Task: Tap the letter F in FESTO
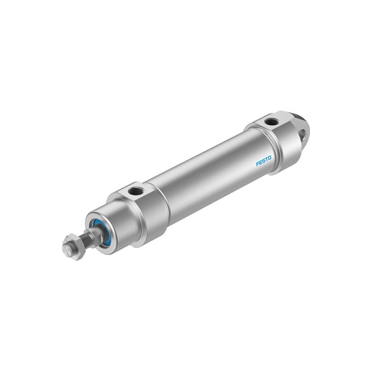point(257,166)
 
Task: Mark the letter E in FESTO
point(260,164)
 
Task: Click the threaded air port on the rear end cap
point(271,122)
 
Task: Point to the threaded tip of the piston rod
point(66,250)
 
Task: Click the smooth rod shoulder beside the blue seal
point(94,234)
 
